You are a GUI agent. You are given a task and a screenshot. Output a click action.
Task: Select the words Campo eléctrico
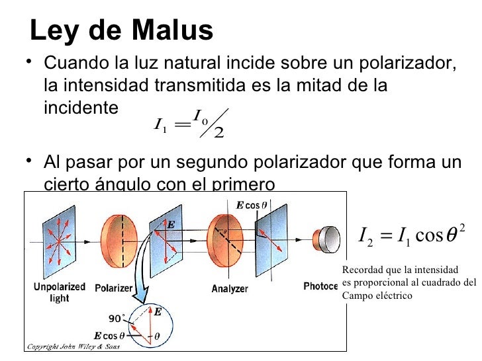click(x=376, y=296)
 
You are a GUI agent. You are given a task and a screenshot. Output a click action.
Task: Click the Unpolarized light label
click(x=60, y=293)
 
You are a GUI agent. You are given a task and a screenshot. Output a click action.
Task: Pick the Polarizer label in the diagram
click(x=114, y=289)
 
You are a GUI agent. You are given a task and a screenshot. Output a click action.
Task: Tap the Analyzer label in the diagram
click(x=230, y=289)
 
